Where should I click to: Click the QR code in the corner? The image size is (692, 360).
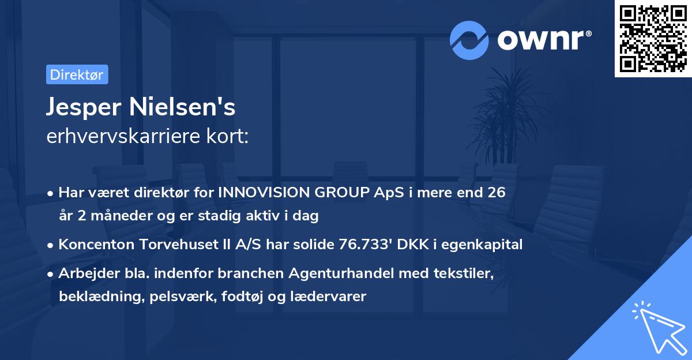pyautogui.click(x=653, y=38)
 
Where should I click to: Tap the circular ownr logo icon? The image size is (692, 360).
pyautogui.click(x=469, y=40)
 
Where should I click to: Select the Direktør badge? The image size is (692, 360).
pyautogui.click(x=77, y=74)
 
